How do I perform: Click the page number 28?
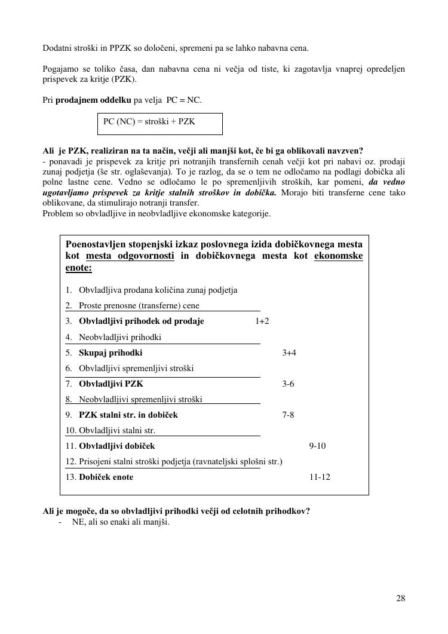[400, 599]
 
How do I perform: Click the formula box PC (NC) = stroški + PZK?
[159, 124]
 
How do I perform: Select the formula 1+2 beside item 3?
[262, 321]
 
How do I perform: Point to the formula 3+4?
[289, 353]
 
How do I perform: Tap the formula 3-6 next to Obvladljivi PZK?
[288, 384]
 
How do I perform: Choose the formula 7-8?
[288, 415]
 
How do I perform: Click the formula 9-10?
[317, 446]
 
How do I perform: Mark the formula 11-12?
[320, 477]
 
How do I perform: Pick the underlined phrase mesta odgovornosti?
[130, 256]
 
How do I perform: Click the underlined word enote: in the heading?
[78, 268]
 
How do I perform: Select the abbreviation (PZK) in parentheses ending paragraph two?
[124, 79]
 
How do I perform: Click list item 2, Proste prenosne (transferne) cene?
[139, 305]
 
